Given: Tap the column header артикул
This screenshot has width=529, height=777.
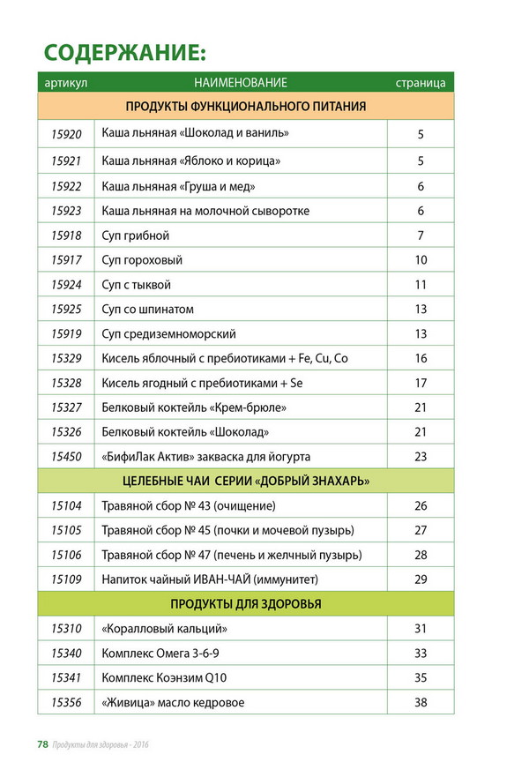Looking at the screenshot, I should click(x=63, y=83).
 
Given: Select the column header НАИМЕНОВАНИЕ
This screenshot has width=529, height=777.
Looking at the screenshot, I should click(x=241, y=83).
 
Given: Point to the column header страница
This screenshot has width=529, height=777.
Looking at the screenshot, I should click(x=421, y=83).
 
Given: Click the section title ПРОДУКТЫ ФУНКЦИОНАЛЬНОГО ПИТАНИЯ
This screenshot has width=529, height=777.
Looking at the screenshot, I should click(x=245, y=107).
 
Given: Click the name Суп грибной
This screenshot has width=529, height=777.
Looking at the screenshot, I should click(x=136, y=235).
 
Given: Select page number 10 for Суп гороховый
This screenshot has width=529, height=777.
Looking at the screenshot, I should click(x=421, y=260).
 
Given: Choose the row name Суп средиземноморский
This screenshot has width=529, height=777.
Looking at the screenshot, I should click(x=169, y=334).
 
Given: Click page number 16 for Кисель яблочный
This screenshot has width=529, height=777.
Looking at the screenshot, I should click(x=421, y=359).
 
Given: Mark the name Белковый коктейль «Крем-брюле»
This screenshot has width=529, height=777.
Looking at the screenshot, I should click(x=195, y=407).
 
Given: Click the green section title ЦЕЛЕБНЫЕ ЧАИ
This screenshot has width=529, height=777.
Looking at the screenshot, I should click(x=245, y=482).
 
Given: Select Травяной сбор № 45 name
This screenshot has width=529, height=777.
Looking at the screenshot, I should click(x=227, y=530).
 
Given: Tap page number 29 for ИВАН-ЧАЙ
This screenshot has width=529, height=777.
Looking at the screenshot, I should click(x=421, y=579).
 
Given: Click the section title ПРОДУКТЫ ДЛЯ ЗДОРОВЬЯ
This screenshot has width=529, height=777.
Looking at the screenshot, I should click(x=245, y=604).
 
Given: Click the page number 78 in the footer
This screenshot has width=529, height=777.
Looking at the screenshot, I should click(x=41, y=744).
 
